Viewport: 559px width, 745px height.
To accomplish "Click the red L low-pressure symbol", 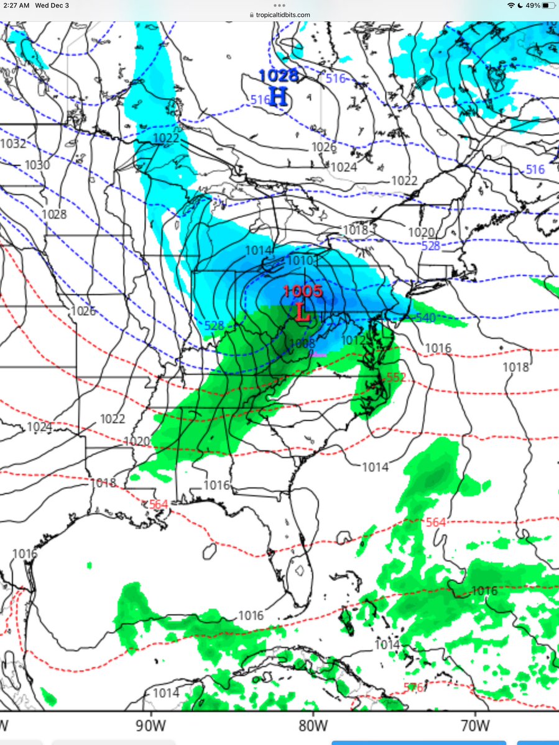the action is (303, 312).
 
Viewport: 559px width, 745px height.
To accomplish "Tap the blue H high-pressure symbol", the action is (278, 96).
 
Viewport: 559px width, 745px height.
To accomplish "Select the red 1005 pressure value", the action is (302, 291).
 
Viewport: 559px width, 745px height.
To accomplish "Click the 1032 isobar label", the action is (14, 144).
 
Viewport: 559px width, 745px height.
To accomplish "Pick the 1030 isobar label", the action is (37, 165).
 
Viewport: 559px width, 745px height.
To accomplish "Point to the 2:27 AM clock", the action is (15, 5).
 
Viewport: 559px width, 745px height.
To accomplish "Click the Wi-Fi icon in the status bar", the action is (510, 5).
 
